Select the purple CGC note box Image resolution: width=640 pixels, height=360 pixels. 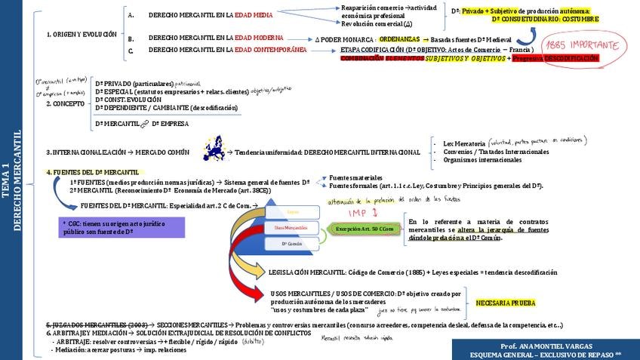(x=122, y=227)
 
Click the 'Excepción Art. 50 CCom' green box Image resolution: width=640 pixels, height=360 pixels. (x=365, y=228)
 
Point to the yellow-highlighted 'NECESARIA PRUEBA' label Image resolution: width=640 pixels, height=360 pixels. (x=506, y=303)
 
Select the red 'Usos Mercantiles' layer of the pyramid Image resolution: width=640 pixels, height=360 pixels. (x=291, y=227)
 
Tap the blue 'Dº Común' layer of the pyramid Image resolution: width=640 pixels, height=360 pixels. (x=291, y=243)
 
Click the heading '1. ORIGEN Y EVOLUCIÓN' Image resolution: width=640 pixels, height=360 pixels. (x=82, y=34)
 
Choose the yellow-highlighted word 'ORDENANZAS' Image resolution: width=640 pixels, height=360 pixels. (x=399, y=38)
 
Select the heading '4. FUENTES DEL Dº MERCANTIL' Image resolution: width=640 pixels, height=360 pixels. (x=93, y=172)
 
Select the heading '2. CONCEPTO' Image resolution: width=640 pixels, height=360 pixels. (x=64, y=104)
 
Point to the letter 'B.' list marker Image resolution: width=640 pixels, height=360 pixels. (x=131, y=38)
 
